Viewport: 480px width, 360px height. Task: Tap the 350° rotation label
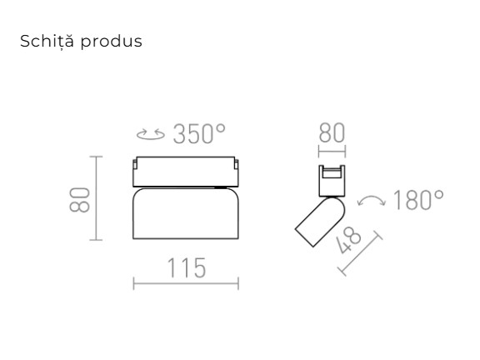[x=199, y=134]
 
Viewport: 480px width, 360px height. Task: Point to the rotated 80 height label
[x=79, y=199]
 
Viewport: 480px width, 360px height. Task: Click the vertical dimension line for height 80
[x=96, y=198]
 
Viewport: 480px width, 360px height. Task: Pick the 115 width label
[x=185, y=267]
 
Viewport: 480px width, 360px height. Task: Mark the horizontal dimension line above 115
[x=186, y=284]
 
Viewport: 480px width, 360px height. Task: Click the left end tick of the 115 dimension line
[x=133, y=284]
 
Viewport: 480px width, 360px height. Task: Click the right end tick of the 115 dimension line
[x=238, y=284]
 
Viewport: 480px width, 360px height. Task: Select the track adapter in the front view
[x=186, y=171]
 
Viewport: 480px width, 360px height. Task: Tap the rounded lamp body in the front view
[x=186, y=214]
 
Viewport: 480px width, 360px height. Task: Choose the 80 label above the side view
[x=332, y=134]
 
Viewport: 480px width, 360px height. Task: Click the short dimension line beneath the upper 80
[x=332, y=152]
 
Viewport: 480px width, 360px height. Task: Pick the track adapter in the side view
[x=332, y=181]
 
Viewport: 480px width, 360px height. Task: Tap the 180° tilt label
[x=417, y=201]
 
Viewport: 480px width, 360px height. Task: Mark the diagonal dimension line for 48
[x=360, y=255]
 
